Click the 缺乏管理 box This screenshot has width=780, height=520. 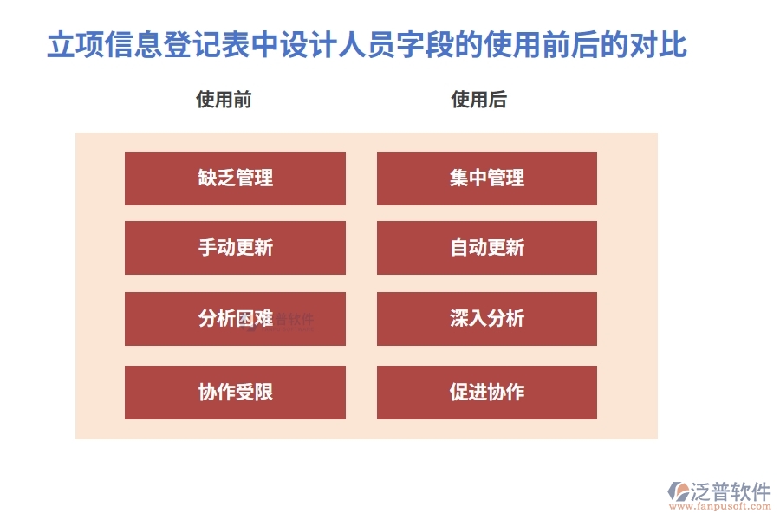coord(235,179)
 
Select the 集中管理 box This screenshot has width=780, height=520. coord(486,179)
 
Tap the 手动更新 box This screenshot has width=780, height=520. coord(235,248)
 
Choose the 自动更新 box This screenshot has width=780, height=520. coord(486,248)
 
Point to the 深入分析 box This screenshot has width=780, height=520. coord(486,319)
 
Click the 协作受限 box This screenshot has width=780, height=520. coord(235,393)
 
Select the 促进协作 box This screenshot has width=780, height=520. coord(486,393)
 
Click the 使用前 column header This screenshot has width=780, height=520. coord(224,100)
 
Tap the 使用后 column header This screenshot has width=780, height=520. coord(478,100)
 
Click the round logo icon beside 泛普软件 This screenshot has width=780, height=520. coord(676,491)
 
